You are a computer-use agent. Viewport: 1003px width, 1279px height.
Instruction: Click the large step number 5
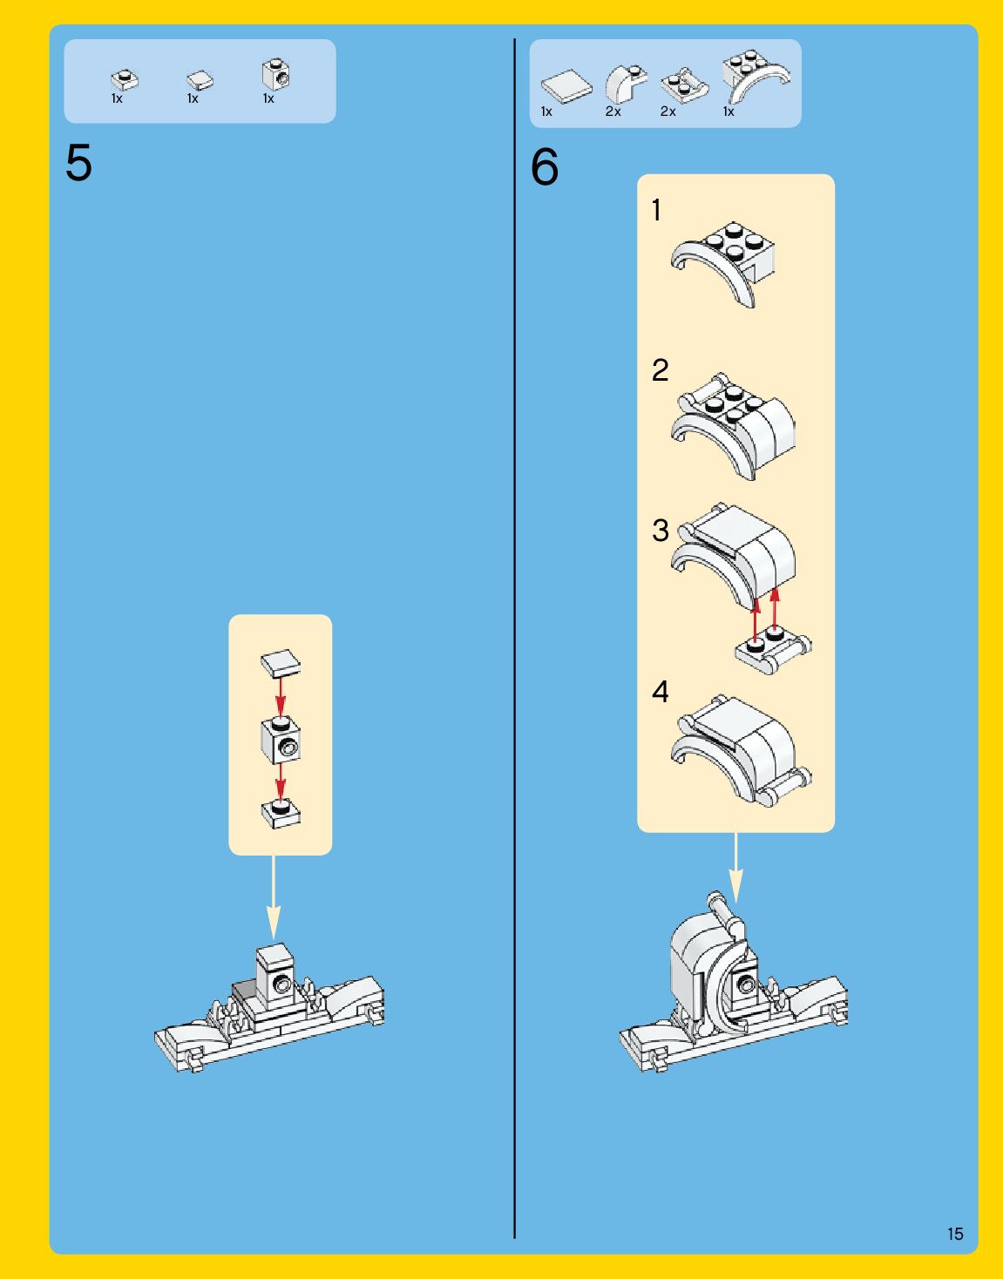click(x=78, y=163)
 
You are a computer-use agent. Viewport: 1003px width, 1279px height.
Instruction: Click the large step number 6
click(x=545, y=167)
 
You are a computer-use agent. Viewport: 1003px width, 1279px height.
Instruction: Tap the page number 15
click(x=955, y=1234)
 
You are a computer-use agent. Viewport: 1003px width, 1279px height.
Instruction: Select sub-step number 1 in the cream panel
click(x=656, y=210)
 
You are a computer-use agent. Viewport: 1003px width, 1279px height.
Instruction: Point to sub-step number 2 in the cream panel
click(x=660, y=370)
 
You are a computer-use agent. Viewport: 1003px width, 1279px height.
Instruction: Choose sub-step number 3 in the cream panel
click(x=661, y=531)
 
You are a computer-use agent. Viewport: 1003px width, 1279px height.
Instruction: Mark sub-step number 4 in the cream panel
click(x=660, y=692)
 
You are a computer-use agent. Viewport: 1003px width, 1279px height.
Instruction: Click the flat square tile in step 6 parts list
click(x=566, y=86)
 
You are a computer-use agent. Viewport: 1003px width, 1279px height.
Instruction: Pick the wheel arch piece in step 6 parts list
click(x=755, y=76)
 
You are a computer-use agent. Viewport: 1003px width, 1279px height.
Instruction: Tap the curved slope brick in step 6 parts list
click(x=625, y=84)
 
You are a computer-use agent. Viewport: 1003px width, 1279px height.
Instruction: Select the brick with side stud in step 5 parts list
click(x=275, y=75)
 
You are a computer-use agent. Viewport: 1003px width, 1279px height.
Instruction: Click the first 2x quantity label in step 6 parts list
click(x=613, y=112)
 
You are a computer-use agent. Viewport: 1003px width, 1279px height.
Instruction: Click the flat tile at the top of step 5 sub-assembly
click(x=281, y=663)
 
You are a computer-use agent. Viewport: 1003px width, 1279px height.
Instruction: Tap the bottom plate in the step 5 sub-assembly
click(x=281, y=813)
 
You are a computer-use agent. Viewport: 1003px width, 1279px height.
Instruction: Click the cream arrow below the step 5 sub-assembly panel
click(x=274, y=897)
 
